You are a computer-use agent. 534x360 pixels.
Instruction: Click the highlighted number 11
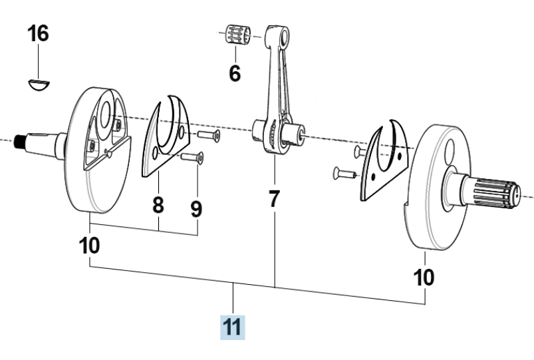point(233,328)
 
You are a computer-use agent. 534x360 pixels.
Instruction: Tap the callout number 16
point(38,33)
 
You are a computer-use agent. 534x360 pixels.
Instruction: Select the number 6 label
point(235,73)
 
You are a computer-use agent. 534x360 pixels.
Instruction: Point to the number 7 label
point(274,198)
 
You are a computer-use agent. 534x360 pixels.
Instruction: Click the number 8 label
point(158,205)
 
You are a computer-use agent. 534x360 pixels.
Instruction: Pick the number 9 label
point(196,209)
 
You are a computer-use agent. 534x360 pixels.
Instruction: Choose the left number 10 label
point(90,246)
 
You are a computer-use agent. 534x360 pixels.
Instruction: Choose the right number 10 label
point(425,275)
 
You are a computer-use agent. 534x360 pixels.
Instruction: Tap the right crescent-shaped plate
point(382,160)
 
